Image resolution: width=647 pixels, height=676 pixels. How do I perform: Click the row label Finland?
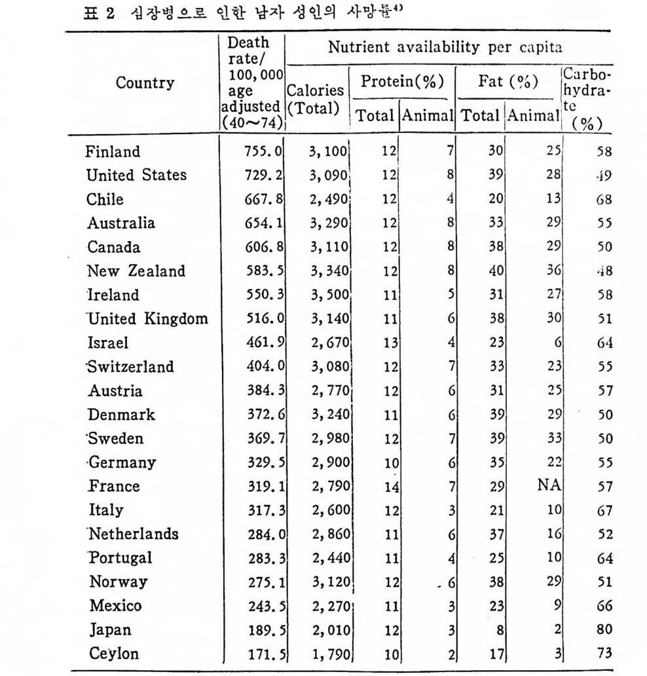tap(113, 152)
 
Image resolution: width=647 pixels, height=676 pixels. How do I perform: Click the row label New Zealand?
tap(136, 271)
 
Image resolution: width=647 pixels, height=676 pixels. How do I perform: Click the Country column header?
tap(145, 83)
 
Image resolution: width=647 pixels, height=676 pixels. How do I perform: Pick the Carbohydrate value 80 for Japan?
tap(604, 629)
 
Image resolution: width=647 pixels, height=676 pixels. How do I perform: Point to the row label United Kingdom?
tap(147, 319)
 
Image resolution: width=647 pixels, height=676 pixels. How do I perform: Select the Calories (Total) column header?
tap(314, 100)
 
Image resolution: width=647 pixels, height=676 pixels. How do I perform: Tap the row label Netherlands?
tap(134, 534)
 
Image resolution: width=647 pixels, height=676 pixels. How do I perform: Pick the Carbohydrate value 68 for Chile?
tap(604, 200)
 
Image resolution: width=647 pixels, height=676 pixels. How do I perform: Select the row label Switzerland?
tap(131, 367)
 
